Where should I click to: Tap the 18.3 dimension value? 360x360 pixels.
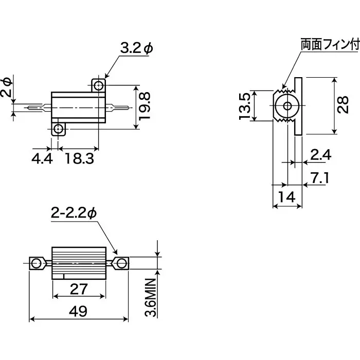(x=79, y=159)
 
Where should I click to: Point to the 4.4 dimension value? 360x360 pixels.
(x=42, y=159)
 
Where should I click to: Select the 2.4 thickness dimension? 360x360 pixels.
(x=320, y=155)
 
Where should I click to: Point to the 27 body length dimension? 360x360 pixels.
(x=79, y=289)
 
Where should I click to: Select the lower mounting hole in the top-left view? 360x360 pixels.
(x=59, y=128)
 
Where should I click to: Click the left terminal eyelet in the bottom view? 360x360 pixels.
(x=36, y=264)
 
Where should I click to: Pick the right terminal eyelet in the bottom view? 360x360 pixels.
(x=121, y=264)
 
